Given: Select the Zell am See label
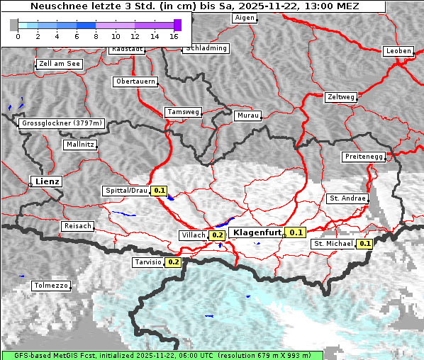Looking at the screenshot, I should point(60,64).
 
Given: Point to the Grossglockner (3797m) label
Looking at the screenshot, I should point(62,123).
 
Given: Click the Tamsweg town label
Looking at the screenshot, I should point(184,112).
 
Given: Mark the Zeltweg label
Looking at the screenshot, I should point(341,96).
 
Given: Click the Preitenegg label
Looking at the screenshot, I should point(364,156).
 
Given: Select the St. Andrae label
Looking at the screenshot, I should point(347,198).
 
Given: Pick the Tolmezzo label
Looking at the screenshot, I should point(51,286).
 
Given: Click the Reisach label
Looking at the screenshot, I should point(77,226).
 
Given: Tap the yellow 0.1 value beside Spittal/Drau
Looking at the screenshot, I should point(160,191).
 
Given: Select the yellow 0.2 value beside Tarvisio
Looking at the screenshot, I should point(173,262).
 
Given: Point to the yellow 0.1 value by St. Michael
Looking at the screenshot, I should point(365,244).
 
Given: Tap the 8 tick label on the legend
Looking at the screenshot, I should point(96,36).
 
